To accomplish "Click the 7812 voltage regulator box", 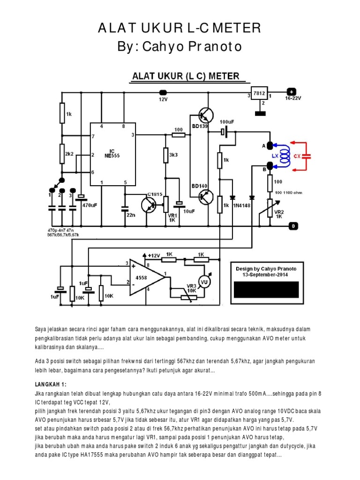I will click(259, 93).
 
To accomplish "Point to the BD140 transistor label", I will click(199, 186).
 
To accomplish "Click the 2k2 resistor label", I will click(69, 154).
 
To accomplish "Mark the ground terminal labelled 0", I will click(293, 226).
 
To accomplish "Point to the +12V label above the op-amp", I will click(154, 255).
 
